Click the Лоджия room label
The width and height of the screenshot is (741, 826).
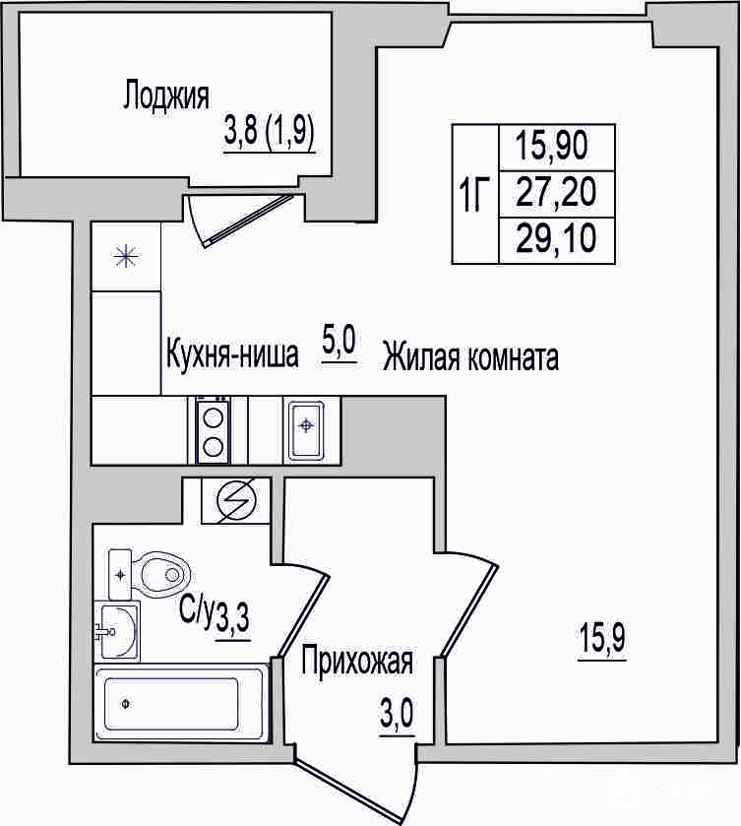166,95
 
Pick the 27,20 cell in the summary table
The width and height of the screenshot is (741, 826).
556,192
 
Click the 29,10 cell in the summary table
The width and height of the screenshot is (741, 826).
556,238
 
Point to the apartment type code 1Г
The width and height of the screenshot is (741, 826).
474,194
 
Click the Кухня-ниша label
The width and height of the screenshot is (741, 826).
232,354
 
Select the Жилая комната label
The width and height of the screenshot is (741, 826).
470,356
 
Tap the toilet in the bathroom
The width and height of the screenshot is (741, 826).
149,574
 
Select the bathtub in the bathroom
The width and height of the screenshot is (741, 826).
181,704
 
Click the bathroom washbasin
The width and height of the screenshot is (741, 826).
117,630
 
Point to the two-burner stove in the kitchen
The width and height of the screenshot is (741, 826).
213,431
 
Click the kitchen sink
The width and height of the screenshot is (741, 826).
306,430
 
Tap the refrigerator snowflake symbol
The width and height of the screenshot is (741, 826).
126,257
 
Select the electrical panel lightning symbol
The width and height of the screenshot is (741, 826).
236,500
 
